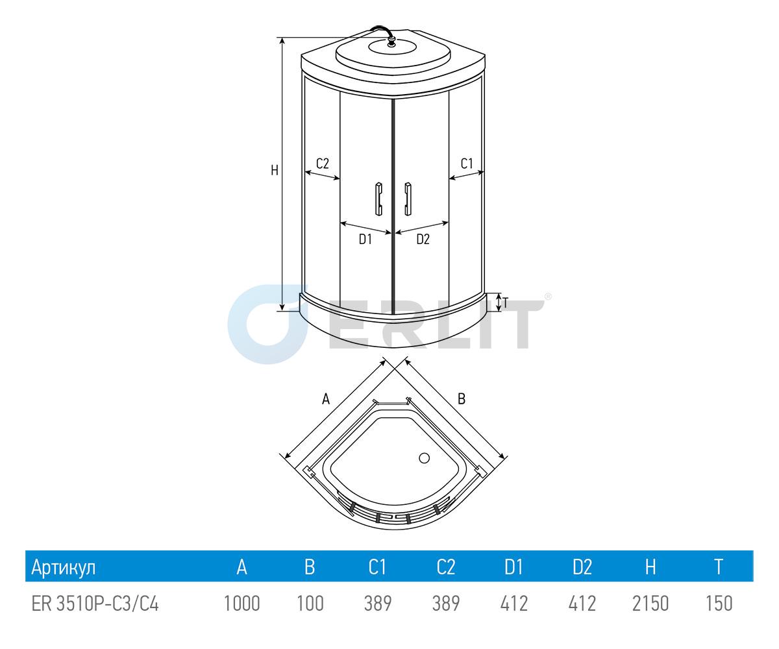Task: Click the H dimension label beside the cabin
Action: click(x=275, y=171)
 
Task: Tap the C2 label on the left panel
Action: click(x=323, y=164)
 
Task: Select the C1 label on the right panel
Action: click(x=467, y=164)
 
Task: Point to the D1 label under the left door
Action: click(x=365, y=239)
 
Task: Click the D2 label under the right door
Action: click(x=423, y=239)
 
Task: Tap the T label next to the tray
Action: click(x=506, y=303)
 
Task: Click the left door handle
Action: click(x=378, y=199)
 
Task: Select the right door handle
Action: click(x=408, y=199)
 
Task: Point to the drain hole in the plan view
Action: click(x=424, y=458)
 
